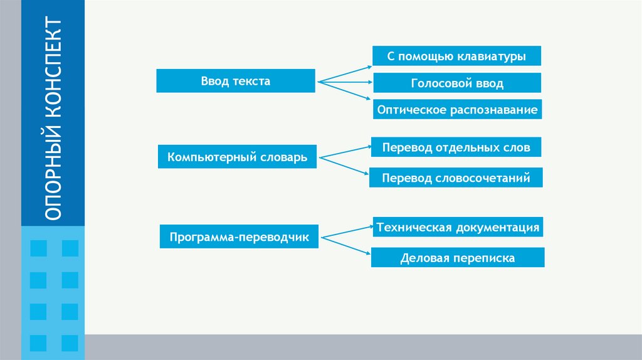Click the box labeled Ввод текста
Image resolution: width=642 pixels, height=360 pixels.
(235, 81)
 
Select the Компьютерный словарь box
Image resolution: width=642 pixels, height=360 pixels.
(237, 156)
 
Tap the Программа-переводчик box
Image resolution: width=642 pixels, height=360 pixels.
(239, 236)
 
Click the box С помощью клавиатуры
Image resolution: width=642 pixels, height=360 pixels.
(456, 56)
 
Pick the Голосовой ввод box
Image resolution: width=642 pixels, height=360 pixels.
(457, 83)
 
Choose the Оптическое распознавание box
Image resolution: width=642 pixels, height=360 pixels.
(457, 110)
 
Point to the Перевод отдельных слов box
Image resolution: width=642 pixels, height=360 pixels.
(456, 147)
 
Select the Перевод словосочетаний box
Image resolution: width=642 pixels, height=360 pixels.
(456, 177)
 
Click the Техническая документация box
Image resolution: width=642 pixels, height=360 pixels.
(457, 227)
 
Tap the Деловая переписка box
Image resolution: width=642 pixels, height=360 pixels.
(457, 257)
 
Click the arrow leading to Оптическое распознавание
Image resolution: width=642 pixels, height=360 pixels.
(345, 90)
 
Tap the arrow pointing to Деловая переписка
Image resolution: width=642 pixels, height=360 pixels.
(345, 245)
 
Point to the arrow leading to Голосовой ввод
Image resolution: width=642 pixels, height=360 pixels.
(345, 82)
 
